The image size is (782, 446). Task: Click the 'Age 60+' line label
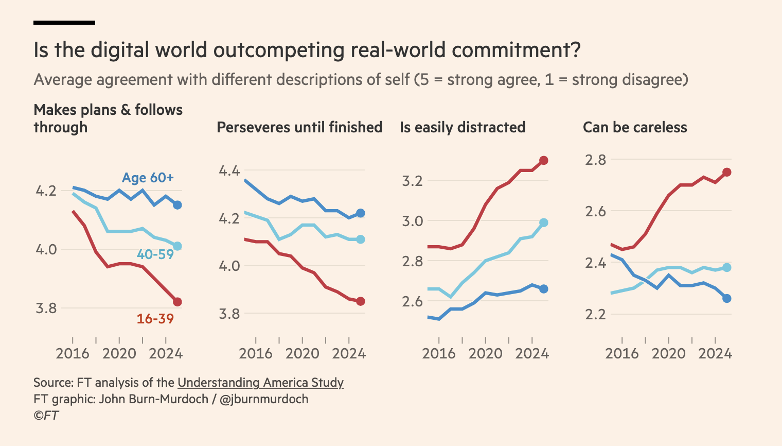(148, 178)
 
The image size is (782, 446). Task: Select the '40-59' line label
(155, 254)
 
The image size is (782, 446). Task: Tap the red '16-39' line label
(155, 319)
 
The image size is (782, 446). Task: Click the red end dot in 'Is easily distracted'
(544, 161)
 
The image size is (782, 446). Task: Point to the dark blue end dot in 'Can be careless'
(727, 298)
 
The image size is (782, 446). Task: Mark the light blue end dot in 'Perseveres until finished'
(361, 239)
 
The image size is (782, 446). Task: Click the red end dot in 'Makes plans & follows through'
(177, 302)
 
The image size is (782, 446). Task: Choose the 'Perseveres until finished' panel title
(299, 127)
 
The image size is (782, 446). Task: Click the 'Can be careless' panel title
(635, 127)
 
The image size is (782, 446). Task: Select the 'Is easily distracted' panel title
(463, 127)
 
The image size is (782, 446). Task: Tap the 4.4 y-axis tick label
(229, 170)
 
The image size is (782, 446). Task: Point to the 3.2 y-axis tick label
(412, 181)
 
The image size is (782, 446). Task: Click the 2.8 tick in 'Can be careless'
(596, 160)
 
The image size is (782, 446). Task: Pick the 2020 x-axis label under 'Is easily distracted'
(485, 354)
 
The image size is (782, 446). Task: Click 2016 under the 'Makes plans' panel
(73, 354)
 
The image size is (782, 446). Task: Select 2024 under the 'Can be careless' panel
(715, 354)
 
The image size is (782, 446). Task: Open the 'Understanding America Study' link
(260, 383)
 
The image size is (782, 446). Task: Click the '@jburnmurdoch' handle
(264, 399)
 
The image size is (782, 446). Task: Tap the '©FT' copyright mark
(46, 415)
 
